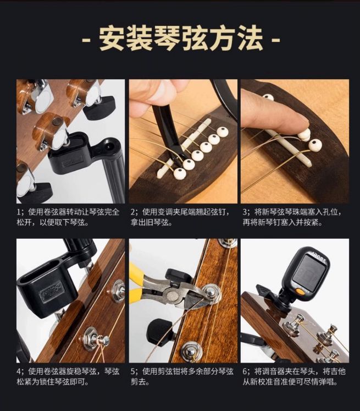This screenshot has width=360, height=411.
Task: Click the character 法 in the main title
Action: coord(250,39)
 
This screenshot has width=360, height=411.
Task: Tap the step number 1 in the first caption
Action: coord(18,212)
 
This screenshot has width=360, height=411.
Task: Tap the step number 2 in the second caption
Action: coord(133,212)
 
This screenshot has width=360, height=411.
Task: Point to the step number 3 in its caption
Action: coord(245,212)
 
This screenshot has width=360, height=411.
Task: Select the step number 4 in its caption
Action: coord(19,371)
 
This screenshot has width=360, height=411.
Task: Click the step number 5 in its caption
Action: coord(133,371)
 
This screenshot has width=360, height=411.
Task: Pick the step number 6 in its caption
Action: coord(245,371)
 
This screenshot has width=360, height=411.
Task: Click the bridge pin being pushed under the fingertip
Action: coord(303,135)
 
